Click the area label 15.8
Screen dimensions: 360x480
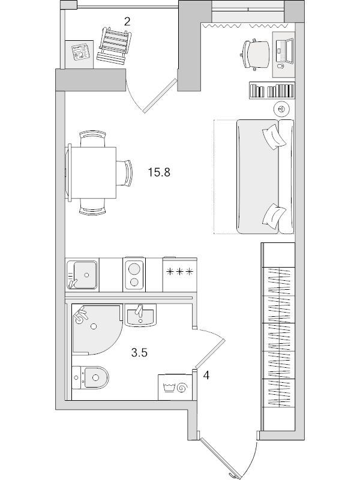[x=159, y=173]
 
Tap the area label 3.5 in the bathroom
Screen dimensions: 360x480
[x=139, y=353]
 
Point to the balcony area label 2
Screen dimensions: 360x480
[x=127, y=22]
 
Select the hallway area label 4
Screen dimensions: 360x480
[x=206, y=376]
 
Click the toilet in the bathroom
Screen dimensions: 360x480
[x=91, y=378]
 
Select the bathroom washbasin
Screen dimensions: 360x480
[x=140, y=316]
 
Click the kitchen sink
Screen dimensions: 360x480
[x=82, y=275]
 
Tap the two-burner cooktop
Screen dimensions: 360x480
[x=134, y=274]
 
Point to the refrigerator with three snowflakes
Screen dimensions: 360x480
[x=179, y=274]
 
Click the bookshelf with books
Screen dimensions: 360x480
[x=272, y=91]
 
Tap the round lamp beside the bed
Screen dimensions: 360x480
[x=281, y=109]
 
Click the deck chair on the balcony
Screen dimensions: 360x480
[x=114, y=46]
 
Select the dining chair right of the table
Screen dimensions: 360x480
[x=125, y=173]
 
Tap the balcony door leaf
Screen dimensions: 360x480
[x=160, y=96]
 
